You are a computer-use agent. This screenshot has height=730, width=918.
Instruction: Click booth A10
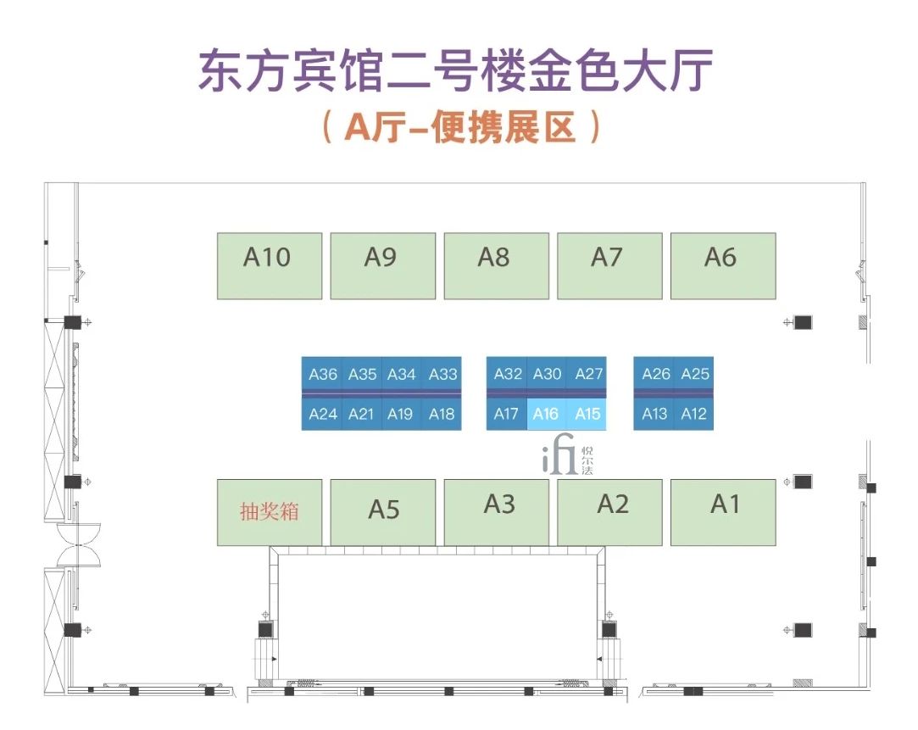pos(270,265)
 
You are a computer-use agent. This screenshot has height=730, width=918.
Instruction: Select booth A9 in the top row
pos(382,265)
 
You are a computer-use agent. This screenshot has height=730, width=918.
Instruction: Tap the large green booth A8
pos(496,265)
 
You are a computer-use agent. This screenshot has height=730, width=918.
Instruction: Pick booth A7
pos(609,265)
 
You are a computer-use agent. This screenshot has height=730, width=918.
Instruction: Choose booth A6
pos(722,265)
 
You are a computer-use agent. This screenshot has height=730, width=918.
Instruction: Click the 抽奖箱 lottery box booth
pos(270,512)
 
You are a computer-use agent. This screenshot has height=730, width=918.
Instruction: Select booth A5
pos(382,512)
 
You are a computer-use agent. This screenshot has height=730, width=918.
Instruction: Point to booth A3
pos(499,511)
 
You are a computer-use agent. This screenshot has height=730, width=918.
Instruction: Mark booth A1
pos(723,511)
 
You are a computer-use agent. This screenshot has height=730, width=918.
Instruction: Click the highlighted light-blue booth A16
pos(547,414)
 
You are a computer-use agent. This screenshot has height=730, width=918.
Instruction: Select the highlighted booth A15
pos(587,414)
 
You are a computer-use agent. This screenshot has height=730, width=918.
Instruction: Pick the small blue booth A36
pos(323,374)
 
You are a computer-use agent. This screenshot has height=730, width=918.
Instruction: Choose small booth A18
pos(442,414)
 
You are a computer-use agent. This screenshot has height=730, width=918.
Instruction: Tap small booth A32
pos(507,374)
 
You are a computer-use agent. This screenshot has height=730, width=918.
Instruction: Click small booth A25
pos(695,374)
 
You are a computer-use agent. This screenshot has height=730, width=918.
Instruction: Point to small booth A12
pos(693,414)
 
